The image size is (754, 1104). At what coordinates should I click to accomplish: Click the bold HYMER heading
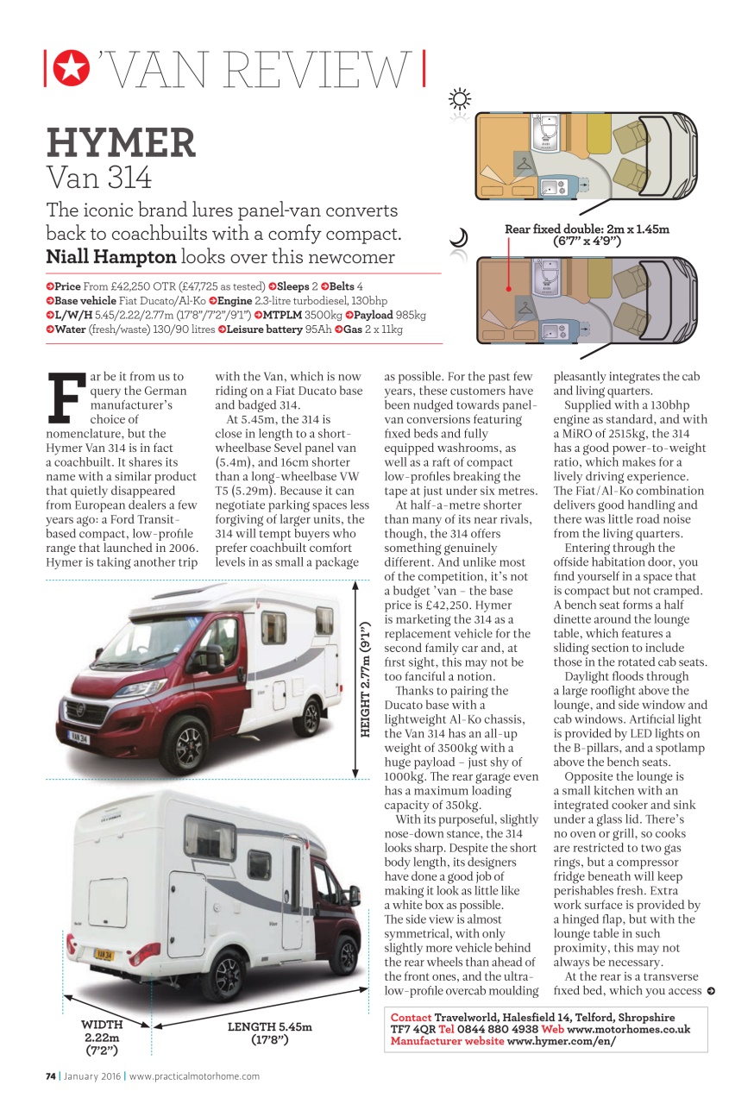pos(121,142)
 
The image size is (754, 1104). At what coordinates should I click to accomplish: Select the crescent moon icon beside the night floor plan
pos(460,238)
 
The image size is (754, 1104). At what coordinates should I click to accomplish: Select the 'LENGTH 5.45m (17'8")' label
pos(270,1033)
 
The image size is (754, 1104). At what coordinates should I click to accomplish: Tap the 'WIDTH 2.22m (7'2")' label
pos(102,1038)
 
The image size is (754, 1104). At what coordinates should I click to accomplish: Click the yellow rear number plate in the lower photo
pos(104,955)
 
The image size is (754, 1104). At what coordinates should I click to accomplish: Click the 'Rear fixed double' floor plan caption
pos(587,235)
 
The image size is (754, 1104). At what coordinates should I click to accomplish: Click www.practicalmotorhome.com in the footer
pos(194,1076)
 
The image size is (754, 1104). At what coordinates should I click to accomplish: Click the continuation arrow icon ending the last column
pos(710,991)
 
